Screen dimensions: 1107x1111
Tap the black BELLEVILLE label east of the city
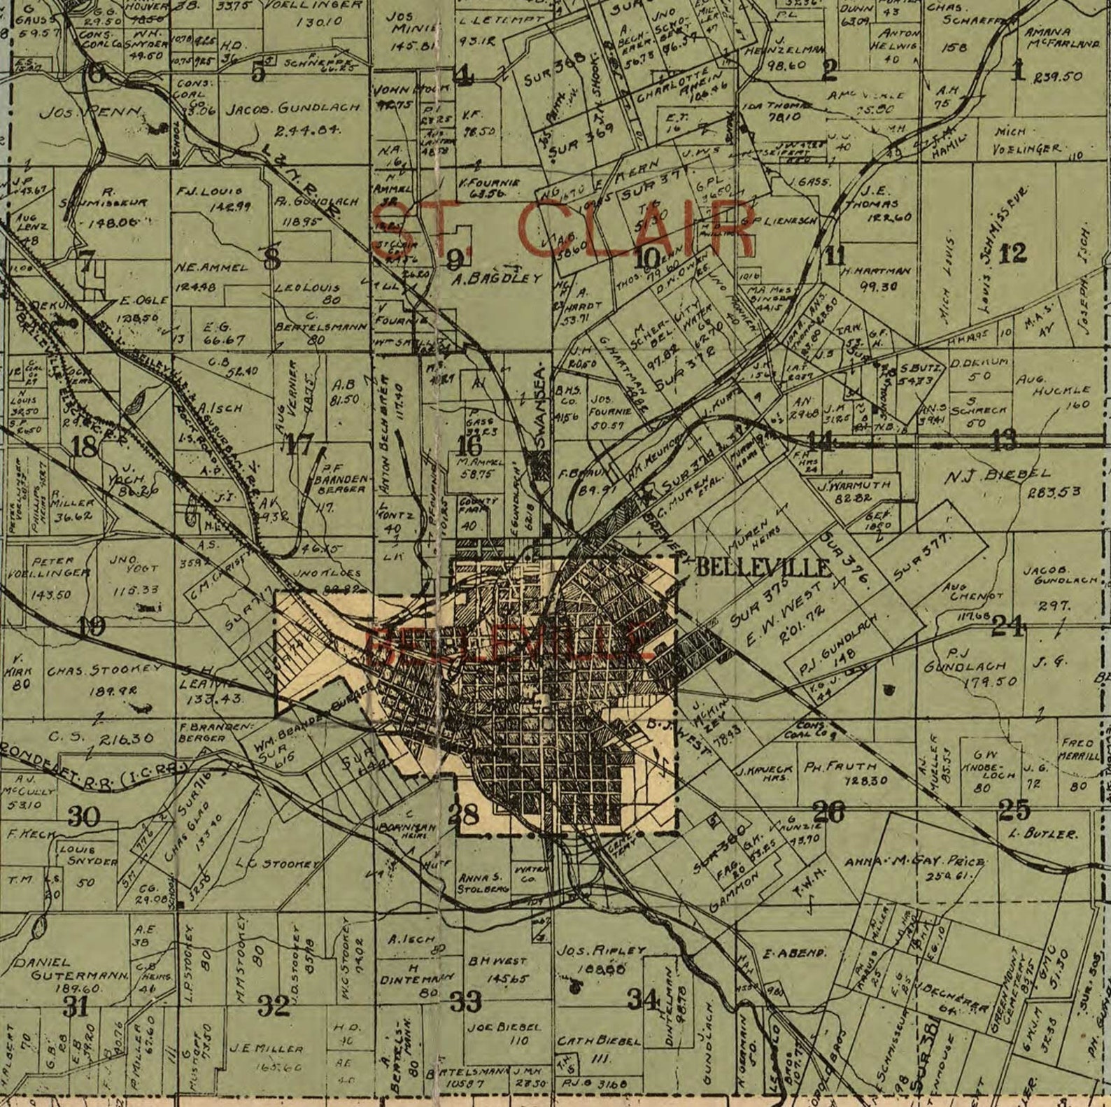pos(763,567)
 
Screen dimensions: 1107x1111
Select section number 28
pos(464,814)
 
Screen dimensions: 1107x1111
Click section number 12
pos(1012,253)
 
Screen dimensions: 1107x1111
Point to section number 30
pos(83,816)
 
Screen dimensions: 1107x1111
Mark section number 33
pos(465,1001)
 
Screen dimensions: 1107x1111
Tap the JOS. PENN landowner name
pos(90,113)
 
